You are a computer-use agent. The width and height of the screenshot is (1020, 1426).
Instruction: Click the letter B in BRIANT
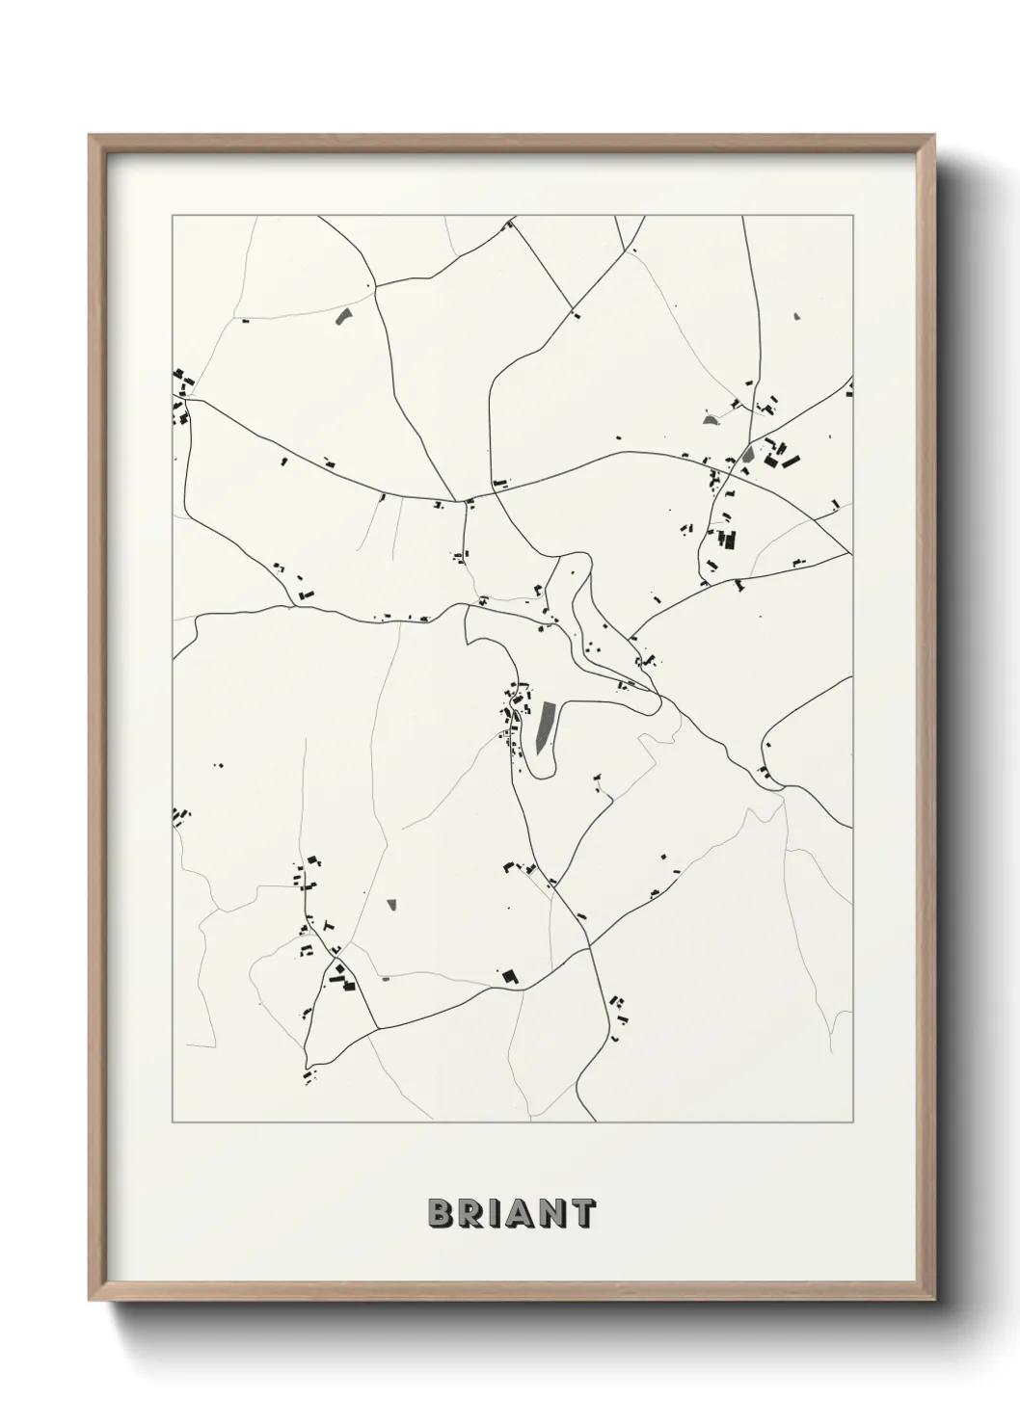pos(440,1213)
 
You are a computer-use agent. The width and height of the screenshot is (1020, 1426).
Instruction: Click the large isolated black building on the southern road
pos(509,976)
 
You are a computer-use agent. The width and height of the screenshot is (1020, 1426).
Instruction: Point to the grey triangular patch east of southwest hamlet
pos(391,904)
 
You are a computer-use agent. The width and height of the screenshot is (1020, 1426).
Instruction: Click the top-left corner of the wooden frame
pos(90,136)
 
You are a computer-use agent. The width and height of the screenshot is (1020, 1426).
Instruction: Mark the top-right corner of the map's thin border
pos(852,216)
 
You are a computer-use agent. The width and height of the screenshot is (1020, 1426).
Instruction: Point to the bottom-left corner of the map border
pos(173,1122)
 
